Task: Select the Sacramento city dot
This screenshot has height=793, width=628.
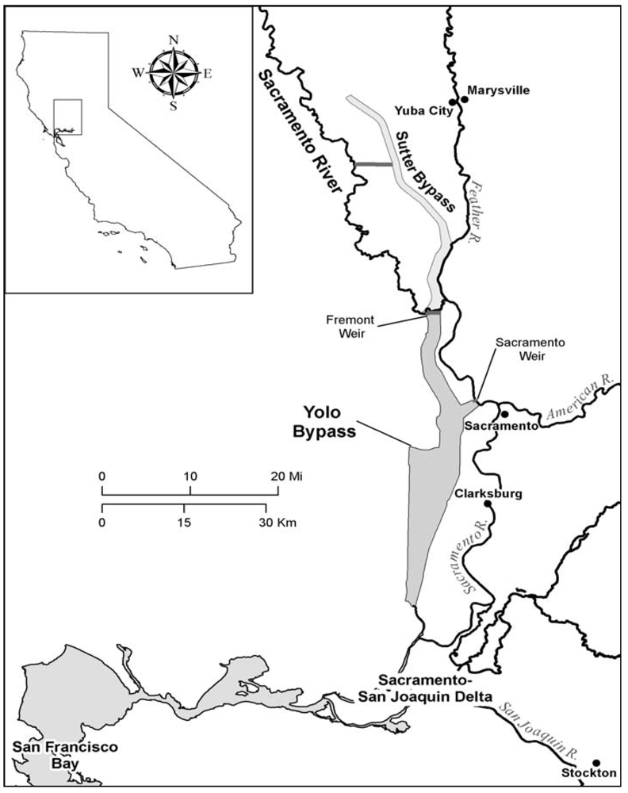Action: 504,414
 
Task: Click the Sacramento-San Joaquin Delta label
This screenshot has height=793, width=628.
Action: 434,689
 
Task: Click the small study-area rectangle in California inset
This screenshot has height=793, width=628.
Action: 67,117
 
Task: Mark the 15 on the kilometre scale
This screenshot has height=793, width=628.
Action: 185,523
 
